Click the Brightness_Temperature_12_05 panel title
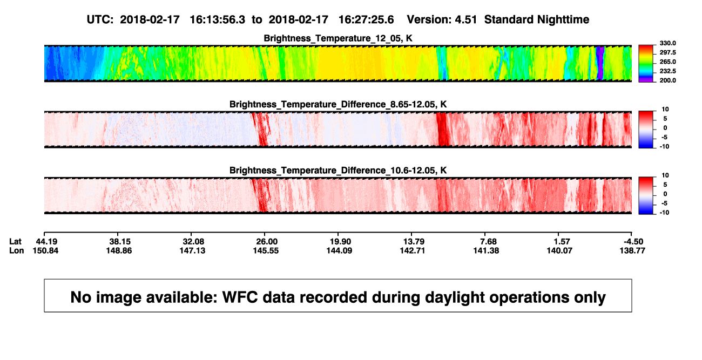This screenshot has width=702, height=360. [x=338, y=38]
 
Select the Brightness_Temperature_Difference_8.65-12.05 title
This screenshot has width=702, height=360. [x=338, y=104]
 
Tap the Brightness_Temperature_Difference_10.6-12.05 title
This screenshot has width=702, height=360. [x=338, y=171]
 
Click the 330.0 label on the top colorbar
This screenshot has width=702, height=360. [x=667, y=43]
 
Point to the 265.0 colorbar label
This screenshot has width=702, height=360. [x=667, y=62]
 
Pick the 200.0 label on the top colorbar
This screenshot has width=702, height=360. [x=667, y=80]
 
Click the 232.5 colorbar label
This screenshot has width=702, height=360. [x=667, y=71]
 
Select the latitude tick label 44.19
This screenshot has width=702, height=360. [x=47, y=242]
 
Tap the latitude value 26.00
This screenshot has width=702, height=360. [x=267, y=242]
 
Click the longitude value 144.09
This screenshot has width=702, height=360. [x=339, y=250]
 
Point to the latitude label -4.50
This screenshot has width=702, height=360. [x=633, y=242]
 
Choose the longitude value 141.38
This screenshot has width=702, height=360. [x=486, y=250]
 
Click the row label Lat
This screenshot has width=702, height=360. [x=15, y=242]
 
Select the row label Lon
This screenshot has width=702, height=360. [x=17, y=250]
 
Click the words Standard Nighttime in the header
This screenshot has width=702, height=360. [x=537, y=19]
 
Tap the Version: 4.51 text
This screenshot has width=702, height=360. [x=442, y=19]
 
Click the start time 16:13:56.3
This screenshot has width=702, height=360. [x=218, y=19]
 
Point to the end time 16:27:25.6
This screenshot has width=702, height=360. [x=366, y=19]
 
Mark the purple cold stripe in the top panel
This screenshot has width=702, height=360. [x=600, y=63]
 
